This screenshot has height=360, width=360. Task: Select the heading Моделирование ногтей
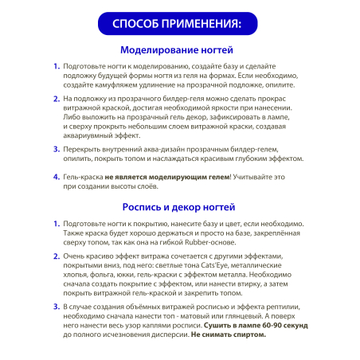pos(180,49)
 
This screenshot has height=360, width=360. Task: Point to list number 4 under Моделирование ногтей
pos(57,178)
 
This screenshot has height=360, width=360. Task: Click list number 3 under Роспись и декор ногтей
pos(57,306)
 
